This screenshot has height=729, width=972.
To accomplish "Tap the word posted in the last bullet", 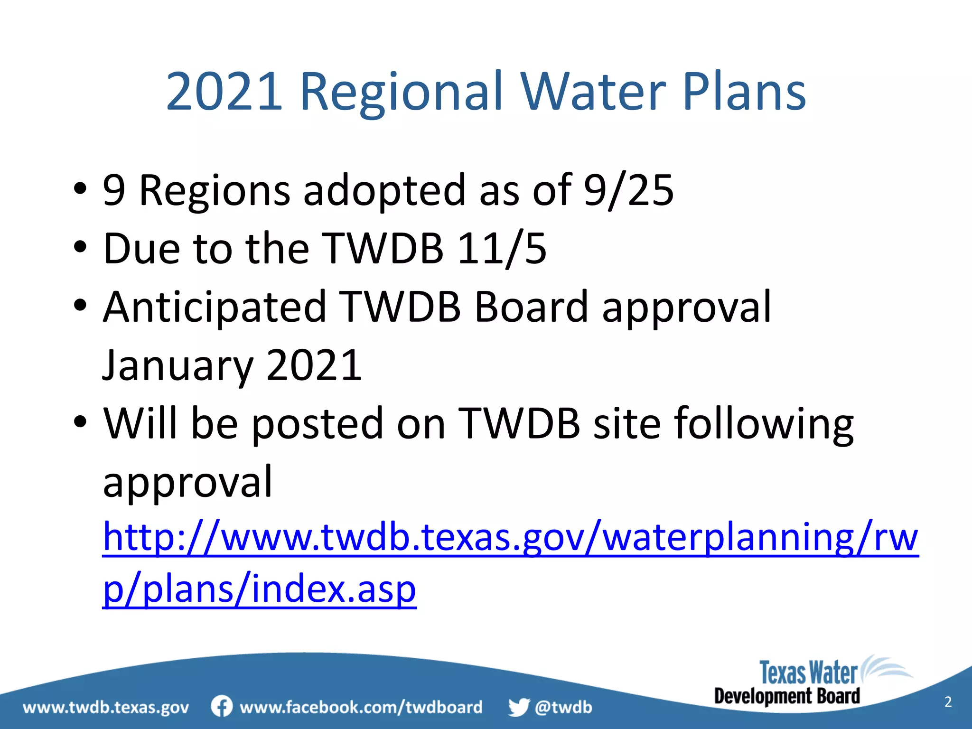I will (x=317, y=423).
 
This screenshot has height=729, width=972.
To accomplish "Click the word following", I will (x=764, y=423).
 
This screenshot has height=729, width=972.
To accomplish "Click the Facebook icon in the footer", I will (x=222, y=706).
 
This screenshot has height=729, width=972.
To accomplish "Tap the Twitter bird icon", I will (x=518, y=707).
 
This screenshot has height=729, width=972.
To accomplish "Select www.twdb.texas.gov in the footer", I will (x=106, y=708).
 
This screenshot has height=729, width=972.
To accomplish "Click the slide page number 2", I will (x=948, y=702).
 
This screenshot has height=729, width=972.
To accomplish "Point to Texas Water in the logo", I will (x=808, y=673).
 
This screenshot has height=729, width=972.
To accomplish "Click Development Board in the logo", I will (x=787, y=696).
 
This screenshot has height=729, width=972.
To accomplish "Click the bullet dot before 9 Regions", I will (x=80, y=189).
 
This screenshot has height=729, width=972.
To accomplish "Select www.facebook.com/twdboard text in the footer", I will (x=361, y=707).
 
